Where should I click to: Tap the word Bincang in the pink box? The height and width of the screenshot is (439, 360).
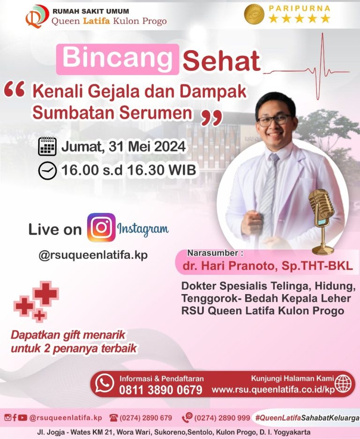tap(117, 58)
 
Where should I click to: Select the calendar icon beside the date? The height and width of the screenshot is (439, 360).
tap(47, 146)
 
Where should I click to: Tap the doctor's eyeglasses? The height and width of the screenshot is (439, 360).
tap(274, 121)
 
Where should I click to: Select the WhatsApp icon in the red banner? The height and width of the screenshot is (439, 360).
tap(105, 383)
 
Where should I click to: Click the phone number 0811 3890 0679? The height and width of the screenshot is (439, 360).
tap(160, 390)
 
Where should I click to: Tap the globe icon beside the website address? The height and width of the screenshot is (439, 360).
tap(343, 384)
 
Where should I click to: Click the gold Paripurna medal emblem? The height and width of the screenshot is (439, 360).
tap(255, 14)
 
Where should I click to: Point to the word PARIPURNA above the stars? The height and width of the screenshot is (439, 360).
tap(299, 8)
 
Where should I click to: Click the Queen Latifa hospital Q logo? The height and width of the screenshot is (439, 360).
tap(37, 16)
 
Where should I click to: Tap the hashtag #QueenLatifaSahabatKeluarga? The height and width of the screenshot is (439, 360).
tap(307, 417)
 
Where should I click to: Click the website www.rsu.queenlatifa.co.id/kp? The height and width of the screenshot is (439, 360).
tap(273, 390)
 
